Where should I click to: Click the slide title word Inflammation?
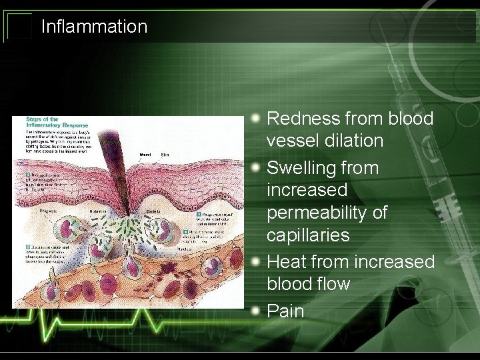click(x=94, y=27)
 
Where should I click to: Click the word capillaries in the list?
click(x=308, y=235)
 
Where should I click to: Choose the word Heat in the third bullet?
click(x=285, y=261)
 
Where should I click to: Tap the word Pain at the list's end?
click(x=285, y=311)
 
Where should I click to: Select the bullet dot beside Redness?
click(x=257, y=117)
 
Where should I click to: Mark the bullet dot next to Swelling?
click(x=257, y=167)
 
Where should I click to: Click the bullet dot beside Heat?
click(x=257, y=260)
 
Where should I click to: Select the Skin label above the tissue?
click(x=165, y=155)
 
